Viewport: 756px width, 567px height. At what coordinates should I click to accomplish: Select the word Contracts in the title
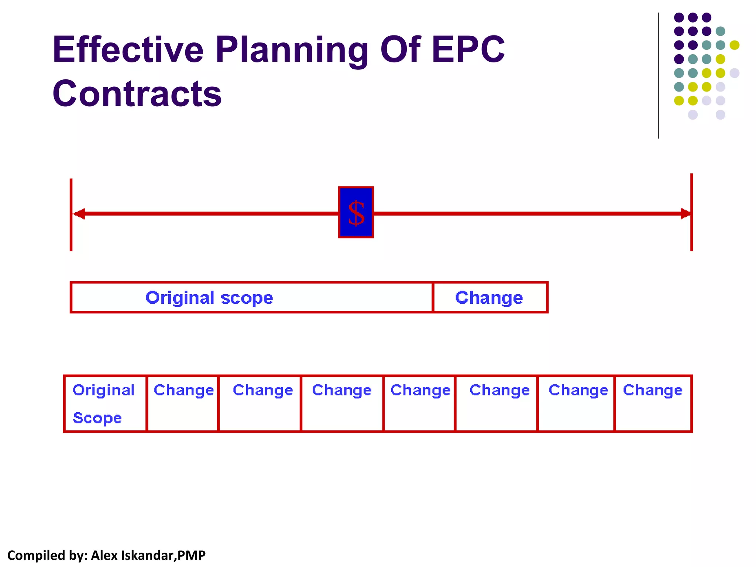point(137,94)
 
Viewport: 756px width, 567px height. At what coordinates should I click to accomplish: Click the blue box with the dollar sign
point(356,213)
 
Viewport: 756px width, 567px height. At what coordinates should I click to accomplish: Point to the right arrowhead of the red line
point(685,214)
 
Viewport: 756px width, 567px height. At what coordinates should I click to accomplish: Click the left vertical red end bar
point(71,233)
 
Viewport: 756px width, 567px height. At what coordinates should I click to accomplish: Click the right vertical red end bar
point(691,233)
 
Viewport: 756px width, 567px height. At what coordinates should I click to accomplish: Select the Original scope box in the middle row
point(251,298)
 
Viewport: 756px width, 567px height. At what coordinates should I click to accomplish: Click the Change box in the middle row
point(489,298)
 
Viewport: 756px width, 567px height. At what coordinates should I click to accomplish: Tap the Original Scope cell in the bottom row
point(105,403)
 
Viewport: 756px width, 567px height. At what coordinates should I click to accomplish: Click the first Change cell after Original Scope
point(183,403)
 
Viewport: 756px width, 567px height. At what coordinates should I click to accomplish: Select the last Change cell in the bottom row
point(653,403)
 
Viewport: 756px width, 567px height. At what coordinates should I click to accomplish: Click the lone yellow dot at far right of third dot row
point(734,45)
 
